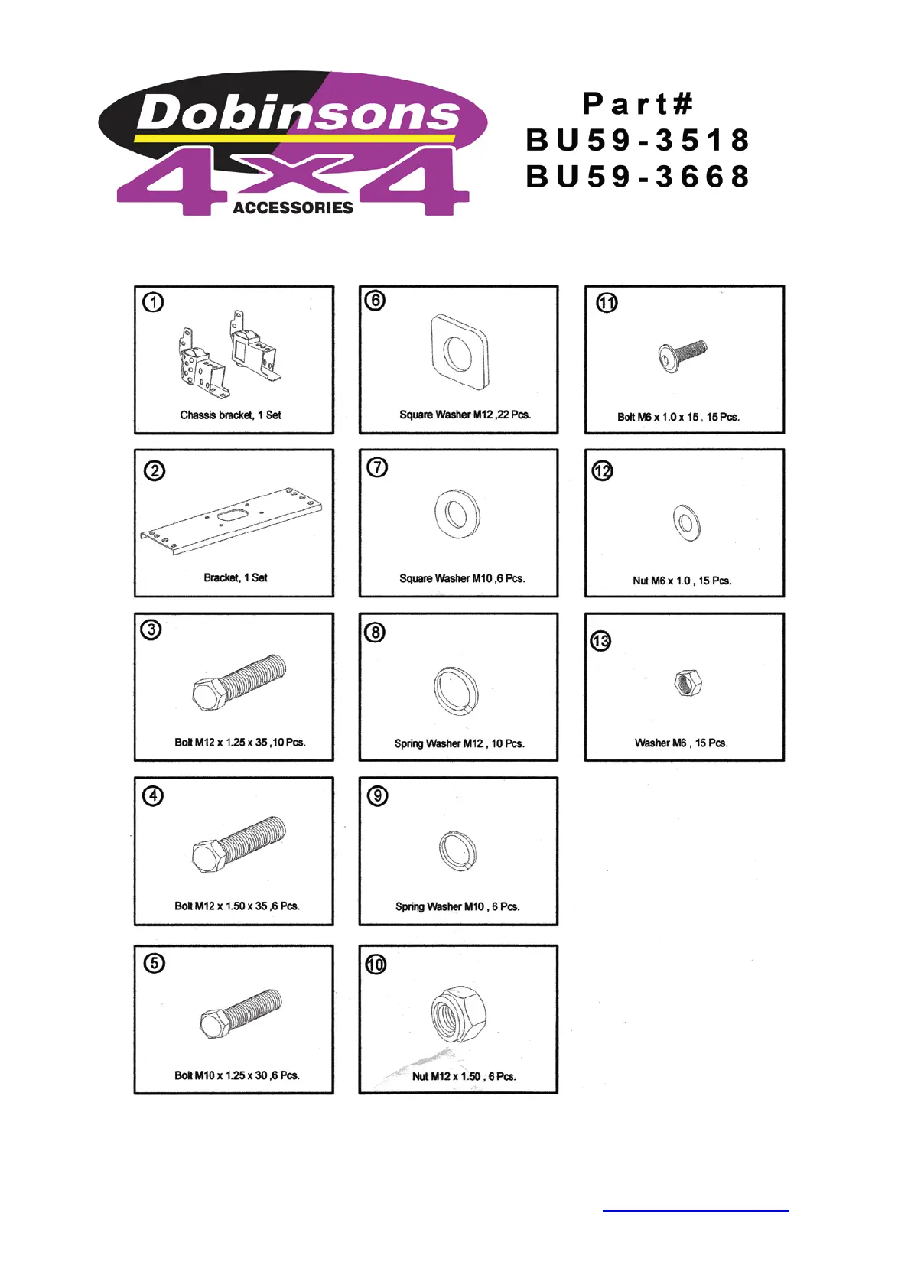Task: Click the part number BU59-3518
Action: [638, 141]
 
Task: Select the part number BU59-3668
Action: [638, 177]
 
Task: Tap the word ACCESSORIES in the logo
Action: [293, 208]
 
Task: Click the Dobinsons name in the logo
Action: [298, 114]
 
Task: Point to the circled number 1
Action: [153, 303]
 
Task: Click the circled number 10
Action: [376, 964]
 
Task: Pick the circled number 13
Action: [600, 641]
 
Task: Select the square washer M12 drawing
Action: [459, 353]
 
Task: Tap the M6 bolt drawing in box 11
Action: [682, 356]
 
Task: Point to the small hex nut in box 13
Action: [688, 681]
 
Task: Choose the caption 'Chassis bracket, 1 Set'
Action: [230, 415]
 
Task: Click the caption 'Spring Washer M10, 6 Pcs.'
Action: [457, 907]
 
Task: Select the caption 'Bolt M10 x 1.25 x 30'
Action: [236, 1075]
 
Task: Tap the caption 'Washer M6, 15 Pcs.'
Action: [681, 743]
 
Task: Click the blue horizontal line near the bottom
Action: [695, 1211]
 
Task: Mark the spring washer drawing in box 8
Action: [456, 689]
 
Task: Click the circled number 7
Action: [377, 467]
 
